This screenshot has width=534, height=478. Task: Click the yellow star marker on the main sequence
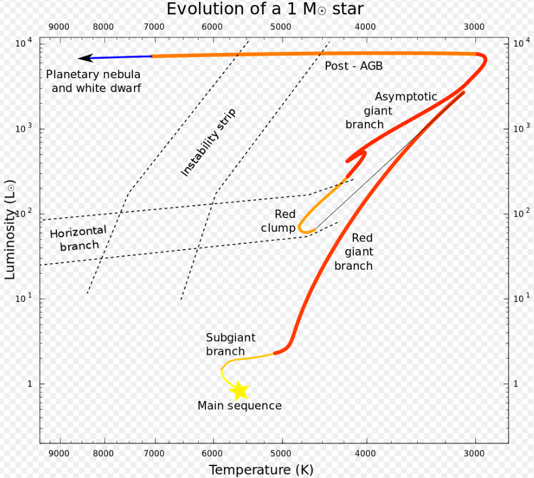(239, 391)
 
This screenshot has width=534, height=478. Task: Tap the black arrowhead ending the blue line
(85, 58)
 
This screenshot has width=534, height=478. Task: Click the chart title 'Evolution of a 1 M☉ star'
(265, 9)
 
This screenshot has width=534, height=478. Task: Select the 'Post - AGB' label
(353, 66)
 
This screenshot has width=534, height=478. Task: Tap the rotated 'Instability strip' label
(208, 143)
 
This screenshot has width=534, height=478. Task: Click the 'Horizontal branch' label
(79, 239)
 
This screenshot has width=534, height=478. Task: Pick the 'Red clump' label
(279, 221)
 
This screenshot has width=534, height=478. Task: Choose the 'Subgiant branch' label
(230, 345)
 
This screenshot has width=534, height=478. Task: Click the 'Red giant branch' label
(354, 252)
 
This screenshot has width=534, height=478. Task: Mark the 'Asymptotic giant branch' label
(391, 110)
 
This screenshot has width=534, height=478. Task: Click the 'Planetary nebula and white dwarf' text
(94, 81)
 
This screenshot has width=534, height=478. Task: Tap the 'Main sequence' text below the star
(239, 406)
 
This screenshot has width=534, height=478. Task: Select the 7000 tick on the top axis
(154, 27)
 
